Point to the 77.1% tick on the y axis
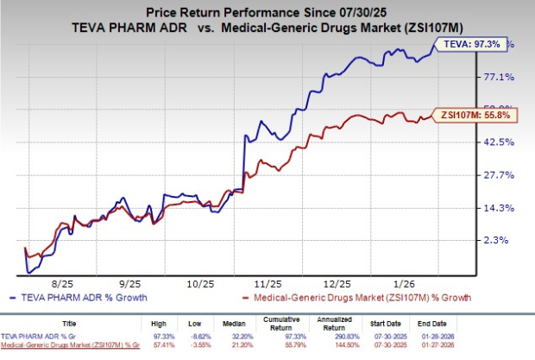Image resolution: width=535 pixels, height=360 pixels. coord(499,77)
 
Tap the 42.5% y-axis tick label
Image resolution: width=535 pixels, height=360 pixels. coord(499,142)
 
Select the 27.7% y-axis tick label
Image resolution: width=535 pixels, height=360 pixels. coord(499,175)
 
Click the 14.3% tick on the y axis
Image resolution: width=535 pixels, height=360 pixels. coord(499,208)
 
